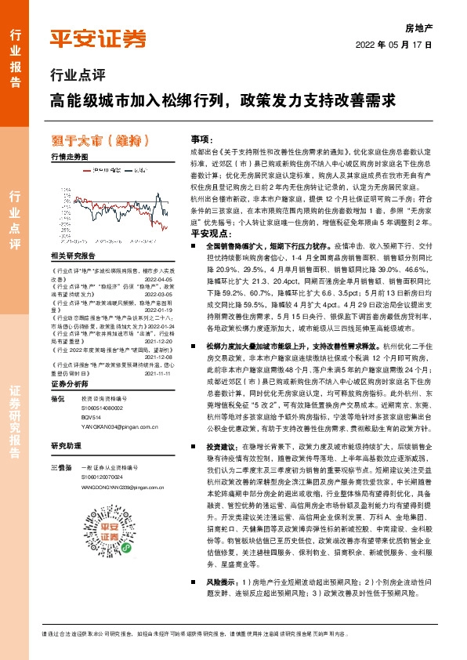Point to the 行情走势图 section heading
pyautogui.click(x=69, y=157)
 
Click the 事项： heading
pyautogui.click(x=202, y=138)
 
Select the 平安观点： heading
pyautogui.click(x=207, y=233)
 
